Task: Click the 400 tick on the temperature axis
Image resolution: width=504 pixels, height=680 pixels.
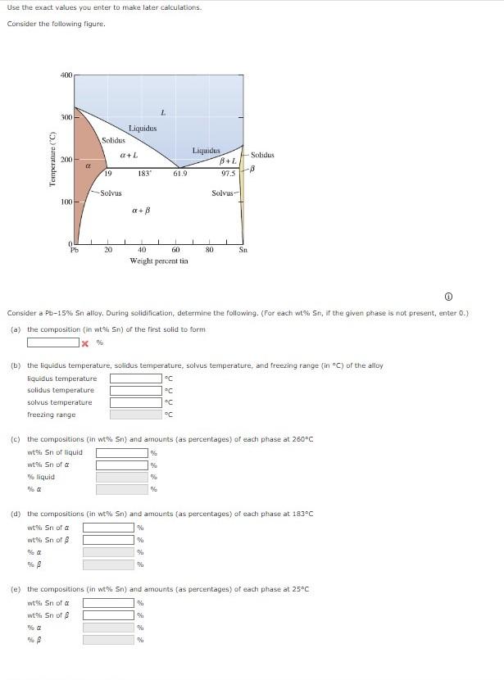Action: [66, 75]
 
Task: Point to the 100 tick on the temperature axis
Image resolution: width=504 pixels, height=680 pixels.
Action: [66, 201]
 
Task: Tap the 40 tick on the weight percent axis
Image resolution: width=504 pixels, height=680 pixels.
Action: [142, 250]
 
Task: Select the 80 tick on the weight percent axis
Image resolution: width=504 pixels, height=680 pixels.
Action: [209, 250]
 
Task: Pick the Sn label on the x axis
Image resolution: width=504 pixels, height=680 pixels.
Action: [243, 250]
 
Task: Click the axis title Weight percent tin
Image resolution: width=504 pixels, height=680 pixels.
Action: [158, 261]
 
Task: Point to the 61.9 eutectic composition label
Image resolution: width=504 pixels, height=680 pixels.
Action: [180, 173]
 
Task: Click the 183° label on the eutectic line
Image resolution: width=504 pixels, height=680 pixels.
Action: [144, 173]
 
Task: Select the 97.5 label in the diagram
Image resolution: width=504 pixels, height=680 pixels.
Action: [229, 173]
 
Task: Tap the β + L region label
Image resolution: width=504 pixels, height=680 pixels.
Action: [227, 161]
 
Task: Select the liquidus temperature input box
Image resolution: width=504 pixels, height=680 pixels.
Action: [135, 379]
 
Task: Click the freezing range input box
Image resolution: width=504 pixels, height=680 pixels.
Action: [135, 415]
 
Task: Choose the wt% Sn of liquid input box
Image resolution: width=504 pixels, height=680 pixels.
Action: [121, 452]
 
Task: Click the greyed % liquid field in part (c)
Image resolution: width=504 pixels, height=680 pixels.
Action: [121, 477]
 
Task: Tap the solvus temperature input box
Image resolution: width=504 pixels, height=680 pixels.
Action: [135, 402]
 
